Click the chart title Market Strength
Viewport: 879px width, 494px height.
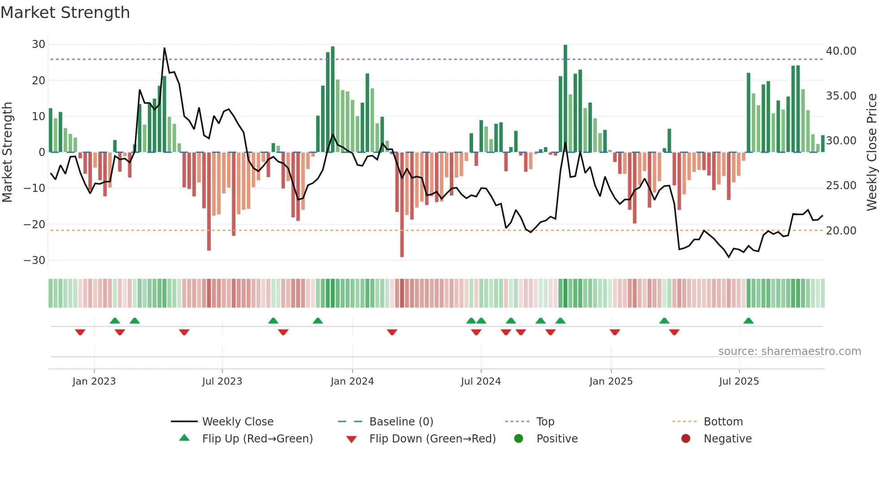coord(65,13)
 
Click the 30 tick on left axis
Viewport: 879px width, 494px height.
coord(39,44)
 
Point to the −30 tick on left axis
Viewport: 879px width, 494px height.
coord(35,260)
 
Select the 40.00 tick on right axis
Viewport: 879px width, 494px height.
coord(841,51)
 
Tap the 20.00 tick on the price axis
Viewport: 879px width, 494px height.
coord(841,231)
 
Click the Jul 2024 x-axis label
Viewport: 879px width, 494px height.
coord(481,381)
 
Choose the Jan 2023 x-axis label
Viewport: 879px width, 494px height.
coord(94,381)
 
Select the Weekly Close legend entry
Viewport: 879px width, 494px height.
coord(238,422)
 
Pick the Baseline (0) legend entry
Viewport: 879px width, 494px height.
coord(401,422)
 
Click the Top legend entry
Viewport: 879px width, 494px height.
coord(545,422)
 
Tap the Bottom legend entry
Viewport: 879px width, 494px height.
coord(723,422)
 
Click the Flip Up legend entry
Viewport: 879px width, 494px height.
coord(257,439)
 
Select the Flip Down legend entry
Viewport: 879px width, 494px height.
coord(432,439)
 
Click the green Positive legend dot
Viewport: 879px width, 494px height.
coord(519,439)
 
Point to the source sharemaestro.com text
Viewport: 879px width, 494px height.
coord(789,351)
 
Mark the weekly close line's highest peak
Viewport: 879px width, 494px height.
coord(165,48)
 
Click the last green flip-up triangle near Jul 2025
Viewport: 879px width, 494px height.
coord(748,321)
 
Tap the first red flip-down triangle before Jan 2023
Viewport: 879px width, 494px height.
coord(80,332)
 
